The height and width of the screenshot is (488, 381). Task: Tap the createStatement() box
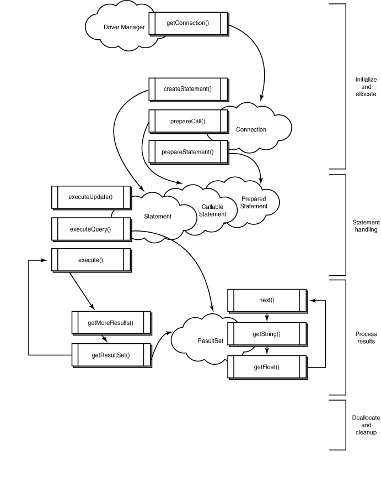coord(188,89)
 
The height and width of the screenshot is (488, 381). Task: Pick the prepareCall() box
coord(187,121)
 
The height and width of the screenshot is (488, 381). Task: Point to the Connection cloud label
coord(251,130)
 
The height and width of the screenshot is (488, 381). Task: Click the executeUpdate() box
coord(90,197)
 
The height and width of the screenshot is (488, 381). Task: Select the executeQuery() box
coord(90,228)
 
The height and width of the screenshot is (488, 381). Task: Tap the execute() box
coord(90,259)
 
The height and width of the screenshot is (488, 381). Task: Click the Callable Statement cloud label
coord(213,211)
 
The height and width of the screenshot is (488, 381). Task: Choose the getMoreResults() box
coord(111,323)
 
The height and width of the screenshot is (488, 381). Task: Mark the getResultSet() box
coord(111,354)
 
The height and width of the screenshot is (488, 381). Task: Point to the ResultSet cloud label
coord(195,341)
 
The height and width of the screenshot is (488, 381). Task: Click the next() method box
coord(266,300)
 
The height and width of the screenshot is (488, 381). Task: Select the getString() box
coord(266,334)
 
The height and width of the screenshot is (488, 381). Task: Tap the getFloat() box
coord(266,368)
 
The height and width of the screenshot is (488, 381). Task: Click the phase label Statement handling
coord(365,226)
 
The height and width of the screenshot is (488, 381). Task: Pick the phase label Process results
coord(365,338)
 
